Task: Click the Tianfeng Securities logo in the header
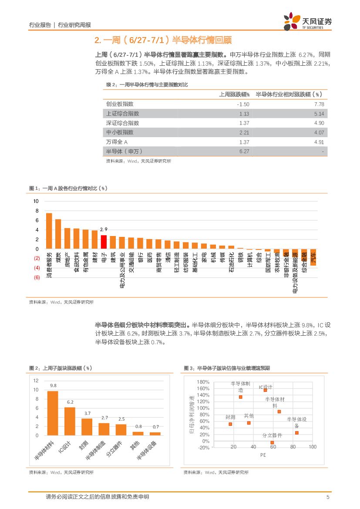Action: [x=307, y=21]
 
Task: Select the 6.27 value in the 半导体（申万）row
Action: [x=244, y=152]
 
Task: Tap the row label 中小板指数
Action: [x=120, y=132]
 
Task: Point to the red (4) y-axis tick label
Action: [x=37, y=268]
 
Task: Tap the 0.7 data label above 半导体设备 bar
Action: [x=155, y=427]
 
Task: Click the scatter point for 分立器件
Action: [x=272, y=442]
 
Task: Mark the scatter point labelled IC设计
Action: [x=265, y=390]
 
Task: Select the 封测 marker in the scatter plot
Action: [x=230, y=424]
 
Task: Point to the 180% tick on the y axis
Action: [x=203, y=382]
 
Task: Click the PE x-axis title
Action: [x=263, y=455]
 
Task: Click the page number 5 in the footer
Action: [x=327, y=497]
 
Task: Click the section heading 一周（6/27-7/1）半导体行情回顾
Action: [x=163, y=40]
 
